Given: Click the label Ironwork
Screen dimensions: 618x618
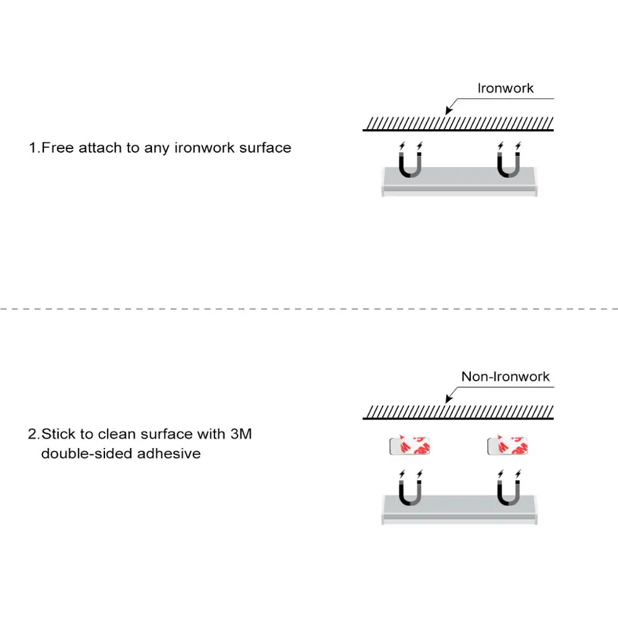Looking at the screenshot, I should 505,88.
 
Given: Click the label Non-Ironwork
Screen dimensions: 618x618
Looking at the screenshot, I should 505,376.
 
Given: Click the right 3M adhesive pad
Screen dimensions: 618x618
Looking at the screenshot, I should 509,445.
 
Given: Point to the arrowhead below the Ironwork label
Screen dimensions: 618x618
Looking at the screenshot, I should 448,112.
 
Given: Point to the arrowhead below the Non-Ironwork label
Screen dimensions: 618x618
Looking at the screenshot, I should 448,400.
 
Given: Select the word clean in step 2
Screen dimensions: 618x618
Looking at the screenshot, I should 117,434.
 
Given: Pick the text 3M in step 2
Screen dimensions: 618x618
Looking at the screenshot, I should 240,434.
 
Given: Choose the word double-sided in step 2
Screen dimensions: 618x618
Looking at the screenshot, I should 87,453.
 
